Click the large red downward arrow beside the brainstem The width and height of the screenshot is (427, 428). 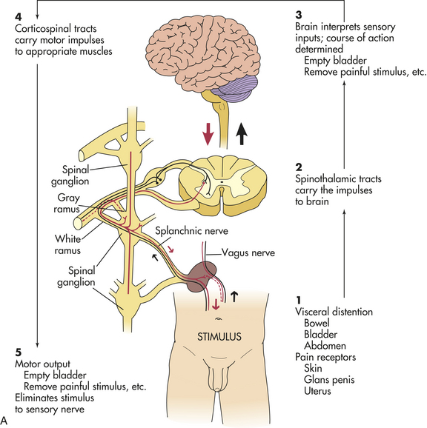pos(208,133)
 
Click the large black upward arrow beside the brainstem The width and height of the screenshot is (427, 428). pos(242,133)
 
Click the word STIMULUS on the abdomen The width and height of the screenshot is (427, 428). pos(219,337)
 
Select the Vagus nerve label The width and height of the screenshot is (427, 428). pos(248,253)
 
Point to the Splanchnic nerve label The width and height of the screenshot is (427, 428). pos(191,231)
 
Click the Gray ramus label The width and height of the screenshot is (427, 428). pos(67,204)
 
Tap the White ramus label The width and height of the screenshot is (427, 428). pos(67,244)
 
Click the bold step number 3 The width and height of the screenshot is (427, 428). pos(299,15)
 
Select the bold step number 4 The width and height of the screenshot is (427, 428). pos(18,16)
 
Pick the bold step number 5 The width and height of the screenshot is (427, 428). pos(18,352)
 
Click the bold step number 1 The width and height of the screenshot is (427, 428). pos(299,300)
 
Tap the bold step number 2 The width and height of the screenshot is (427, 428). pos(299,167)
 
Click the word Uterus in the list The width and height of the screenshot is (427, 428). pos(317,391)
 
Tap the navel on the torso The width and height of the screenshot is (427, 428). pos(217,318)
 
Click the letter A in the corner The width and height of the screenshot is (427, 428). pos(4,421)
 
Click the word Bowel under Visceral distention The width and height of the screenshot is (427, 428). pos(317,323)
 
